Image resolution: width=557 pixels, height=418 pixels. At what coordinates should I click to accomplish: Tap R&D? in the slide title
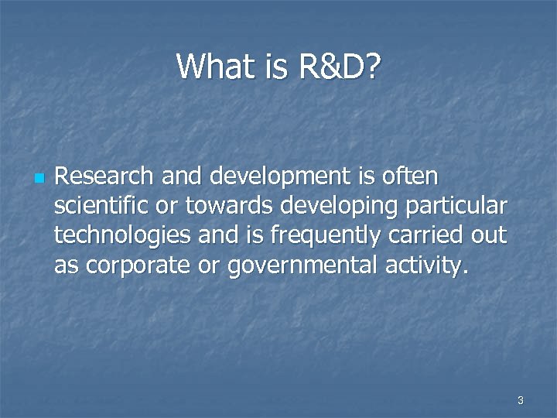click(x=338, y=67)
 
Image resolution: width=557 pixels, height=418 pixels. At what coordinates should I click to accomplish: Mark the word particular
click(x=463, y=207)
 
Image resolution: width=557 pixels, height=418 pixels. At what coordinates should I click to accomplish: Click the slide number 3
click(x=520, y=400)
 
